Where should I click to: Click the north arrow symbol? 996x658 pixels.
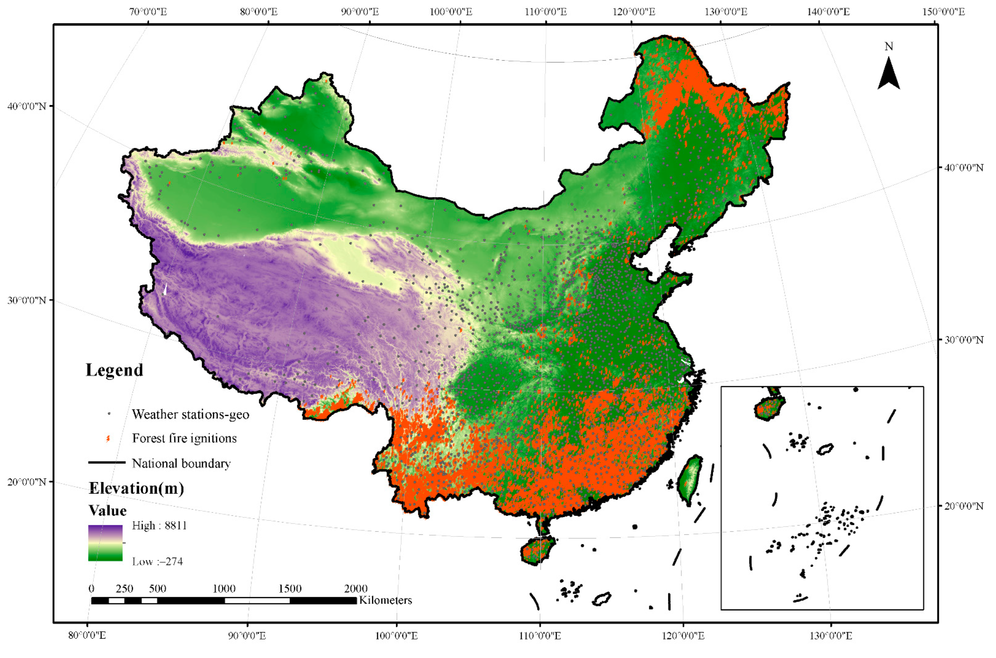click(888, 75)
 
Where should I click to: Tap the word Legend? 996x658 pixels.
click(114, 370)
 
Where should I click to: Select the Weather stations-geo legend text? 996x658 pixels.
click(190, 415)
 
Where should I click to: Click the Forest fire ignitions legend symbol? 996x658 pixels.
click(108, 438)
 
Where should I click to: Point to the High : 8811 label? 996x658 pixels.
click(159, 525)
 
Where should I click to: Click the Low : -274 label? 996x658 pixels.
click(157, 562)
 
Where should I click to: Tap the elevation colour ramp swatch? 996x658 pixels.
click(105, 543)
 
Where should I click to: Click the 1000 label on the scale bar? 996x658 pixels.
click(224, 588)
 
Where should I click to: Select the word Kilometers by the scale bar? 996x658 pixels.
click(385, 600)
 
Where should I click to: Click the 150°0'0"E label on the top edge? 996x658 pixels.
click(943, 12)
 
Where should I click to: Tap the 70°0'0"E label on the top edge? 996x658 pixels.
click(148, 12)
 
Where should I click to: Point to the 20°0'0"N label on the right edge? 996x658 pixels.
click(963, 506)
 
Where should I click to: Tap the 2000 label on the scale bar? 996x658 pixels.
click(356, 588)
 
